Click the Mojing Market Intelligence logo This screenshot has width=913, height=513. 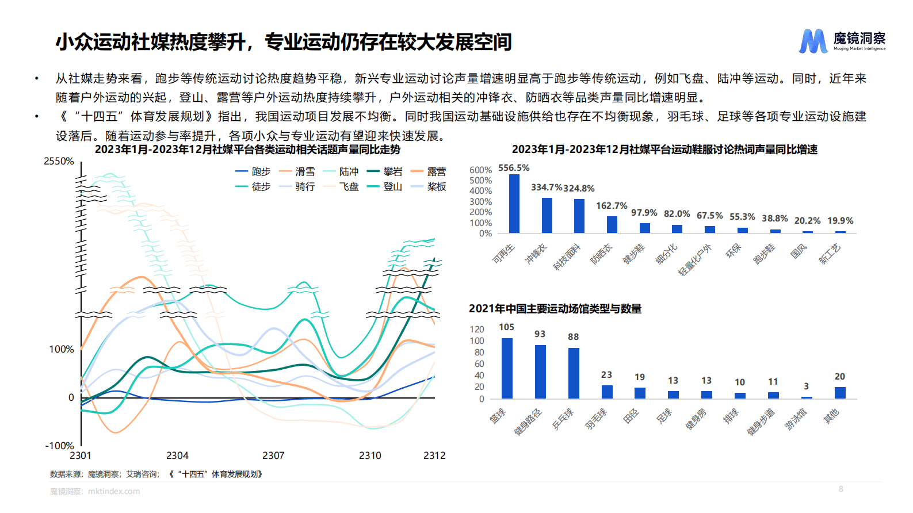tap(842, 41)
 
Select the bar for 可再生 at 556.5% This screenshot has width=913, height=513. tap(514, 204)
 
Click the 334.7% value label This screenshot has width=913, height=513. tap(546, 187)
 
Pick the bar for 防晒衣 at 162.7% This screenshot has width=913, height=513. tap(612, 224)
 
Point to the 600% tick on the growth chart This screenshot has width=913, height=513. tap(480, 170)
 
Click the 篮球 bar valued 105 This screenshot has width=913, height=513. tap(507, 368)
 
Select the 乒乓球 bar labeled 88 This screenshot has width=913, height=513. tap(574, 373)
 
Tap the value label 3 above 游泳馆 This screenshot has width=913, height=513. tap(806, 386)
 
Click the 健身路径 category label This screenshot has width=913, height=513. tap(528, 422)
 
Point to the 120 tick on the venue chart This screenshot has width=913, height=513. tap(477, 330)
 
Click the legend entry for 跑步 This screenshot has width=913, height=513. tap(253, 171)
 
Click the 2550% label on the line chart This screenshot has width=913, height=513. tap(59, 162)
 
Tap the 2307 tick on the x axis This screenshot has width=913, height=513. tap(273, 455)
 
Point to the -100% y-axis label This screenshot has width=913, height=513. tap(60, 446)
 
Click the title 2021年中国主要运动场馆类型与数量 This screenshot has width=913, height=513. tap(555, 309)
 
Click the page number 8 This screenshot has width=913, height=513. tap(841, 489)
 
